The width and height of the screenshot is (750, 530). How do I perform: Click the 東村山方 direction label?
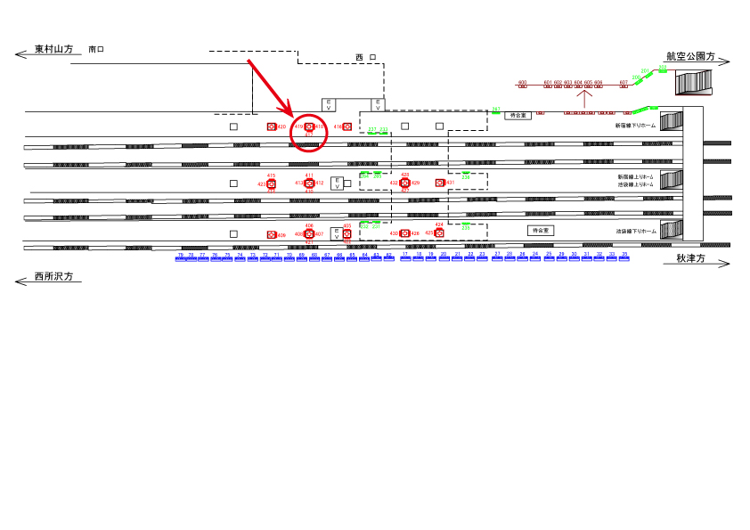(53, 50)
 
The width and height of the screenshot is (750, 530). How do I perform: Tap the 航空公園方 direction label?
(691, 55)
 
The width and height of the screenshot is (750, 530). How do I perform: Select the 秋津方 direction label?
(690, 259)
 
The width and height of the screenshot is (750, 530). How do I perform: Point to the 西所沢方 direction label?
(53, 277)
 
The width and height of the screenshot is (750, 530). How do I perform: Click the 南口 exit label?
(96, 50)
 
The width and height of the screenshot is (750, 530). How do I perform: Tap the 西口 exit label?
(365, 57)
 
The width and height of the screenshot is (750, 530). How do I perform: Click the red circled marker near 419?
(309, 127)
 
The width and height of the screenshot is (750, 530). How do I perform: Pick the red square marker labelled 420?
(271, 126)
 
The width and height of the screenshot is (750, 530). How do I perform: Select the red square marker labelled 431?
(439, 183)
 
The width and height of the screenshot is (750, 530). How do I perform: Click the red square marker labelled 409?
(271, 234)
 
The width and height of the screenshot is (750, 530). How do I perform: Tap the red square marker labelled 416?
(347, 126)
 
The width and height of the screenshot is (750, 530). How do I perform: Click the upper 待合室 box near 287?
(518, 115)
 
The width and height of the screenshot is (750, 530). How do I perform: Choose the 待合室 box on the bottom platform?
(540, 230)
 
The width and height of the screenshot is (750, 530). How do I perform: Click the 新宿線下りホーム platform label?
(635, 126)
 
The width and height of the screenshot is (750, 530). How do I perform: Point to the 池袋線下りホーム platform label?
(635, 231)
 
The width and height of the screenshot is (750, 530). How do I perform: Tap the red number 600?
(522, 83)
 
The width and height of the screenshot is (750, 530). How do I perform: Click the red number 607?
(624, 83)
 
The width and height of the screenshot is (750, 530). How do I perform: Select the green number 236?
(465, 177)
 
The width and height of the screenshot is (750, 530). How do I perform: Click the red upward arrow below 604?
(584, 100)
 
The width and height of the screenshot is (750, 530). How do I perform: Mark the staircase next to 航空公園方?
(695, 82)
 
